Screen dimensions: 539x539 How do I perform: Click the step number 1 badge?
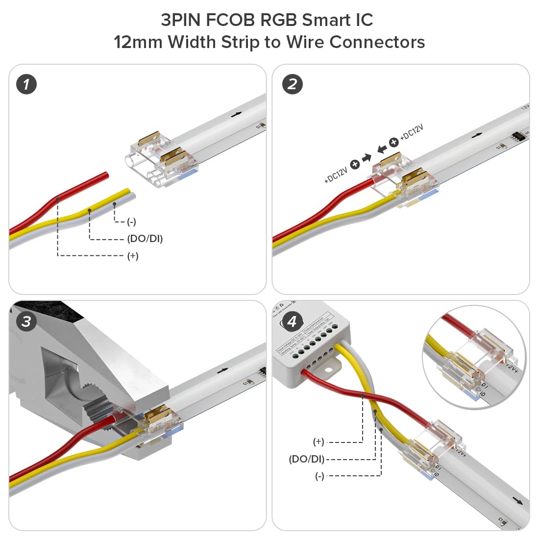26,84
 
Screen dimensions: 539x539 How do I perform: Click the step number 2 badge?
293,84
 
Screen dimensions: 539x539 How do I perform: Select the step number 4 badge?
293,322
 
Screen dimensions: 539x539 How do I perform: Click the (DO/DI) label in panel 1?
145,239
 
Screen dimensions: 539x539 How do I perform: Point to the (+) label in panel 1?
133,256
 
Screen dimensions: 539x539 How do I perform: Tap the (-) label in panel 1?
131,222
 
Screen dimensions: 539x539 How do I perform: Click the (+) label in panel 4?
318,442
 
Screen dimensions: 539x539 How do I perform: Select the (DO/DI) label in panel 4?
306,459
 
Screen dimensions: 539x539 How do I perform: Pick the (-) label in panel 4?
319,476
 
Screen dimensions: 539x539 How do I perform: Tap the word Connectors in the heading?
377,42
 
